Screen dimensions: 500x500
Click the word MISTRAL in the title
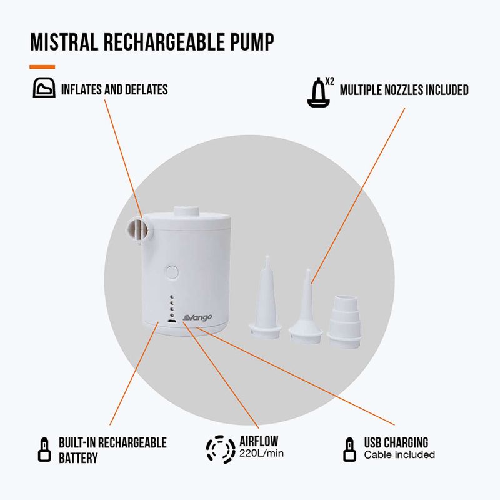[64, 42]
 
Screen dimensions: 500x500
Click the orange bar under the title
[42, 67]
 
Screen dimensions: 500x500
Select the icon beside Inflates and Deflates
[44, 87]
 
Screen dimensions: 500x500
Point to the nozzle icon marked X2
[319, 92]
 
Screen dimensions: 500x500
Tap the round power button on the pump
[172, 272]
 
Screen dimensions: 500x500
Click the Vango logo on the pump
[197, 317]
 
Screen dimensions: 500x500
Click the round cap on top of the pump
[186, 211]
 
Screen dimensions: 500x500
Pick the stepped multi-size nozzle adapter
[344, 321]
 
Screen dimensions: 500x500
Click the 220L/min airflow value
[261, 454]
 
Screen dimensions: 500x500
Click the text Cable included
[399, 454]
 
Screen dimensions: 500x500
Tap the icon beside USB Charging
[349, 449]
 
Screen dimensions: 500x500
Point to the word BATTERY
[78, 458]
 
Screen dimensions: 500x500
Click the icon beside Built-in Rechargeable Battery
[44, 449]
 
